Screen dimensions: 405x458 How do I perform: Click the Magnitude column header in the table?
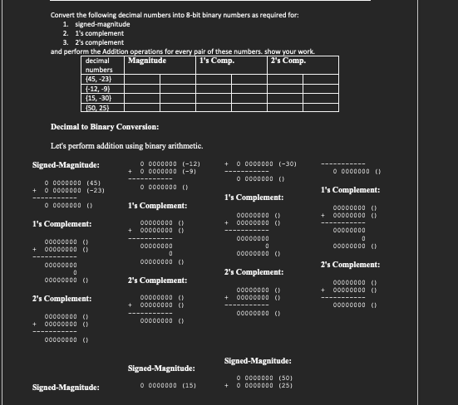coord(147,61)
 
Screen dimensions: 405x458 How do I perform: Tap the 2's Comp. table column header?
coord(288,61)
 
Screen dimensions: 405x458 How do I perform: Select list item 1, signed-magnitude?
coord(98,24)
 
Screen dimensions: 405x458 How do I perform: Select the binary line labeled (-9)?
coord(169,172)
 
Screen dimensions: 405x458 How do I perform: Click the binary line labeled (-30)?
coord(267,163)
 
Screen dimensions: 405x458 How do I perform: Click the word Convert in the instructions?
coord(62,15)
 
